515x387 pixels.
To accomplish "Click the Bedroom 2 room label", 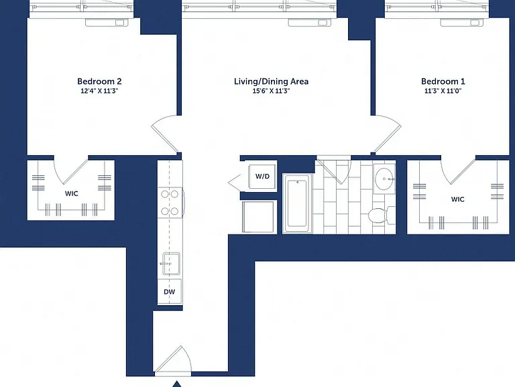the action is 99,81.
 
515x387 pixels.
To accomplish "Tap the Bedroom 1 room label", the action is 443,81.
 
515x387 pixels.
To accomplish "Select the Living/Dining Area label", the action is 271,81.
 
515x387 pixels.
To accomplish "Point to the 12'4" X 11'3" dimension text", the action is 99,91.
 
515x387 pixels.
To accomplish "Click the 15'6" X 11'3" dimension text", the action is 271,91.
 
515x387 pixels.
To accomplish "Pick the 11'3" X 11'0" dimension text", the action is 443,91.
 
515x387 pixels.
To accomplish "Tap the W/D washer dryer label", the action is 262,177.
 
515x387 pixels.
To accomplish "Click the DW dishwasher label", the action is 170,292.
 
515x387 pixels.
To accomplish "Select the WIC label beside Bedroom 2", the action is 72,193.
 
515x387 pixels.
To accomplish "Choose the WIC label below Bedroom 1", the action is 457,199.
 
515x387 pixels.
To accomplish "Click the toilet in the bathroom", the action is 382,215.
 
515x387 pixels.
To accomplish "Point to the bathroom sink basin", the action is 384,179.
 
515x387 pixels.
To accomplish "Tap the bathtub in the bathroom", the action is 297,204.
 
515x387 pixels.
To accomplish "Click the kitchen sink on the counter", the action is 171,263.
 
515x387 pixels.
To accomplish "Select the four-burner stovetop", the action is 170,202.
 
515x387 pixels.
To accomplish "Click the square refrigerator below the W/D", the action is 258,217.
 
